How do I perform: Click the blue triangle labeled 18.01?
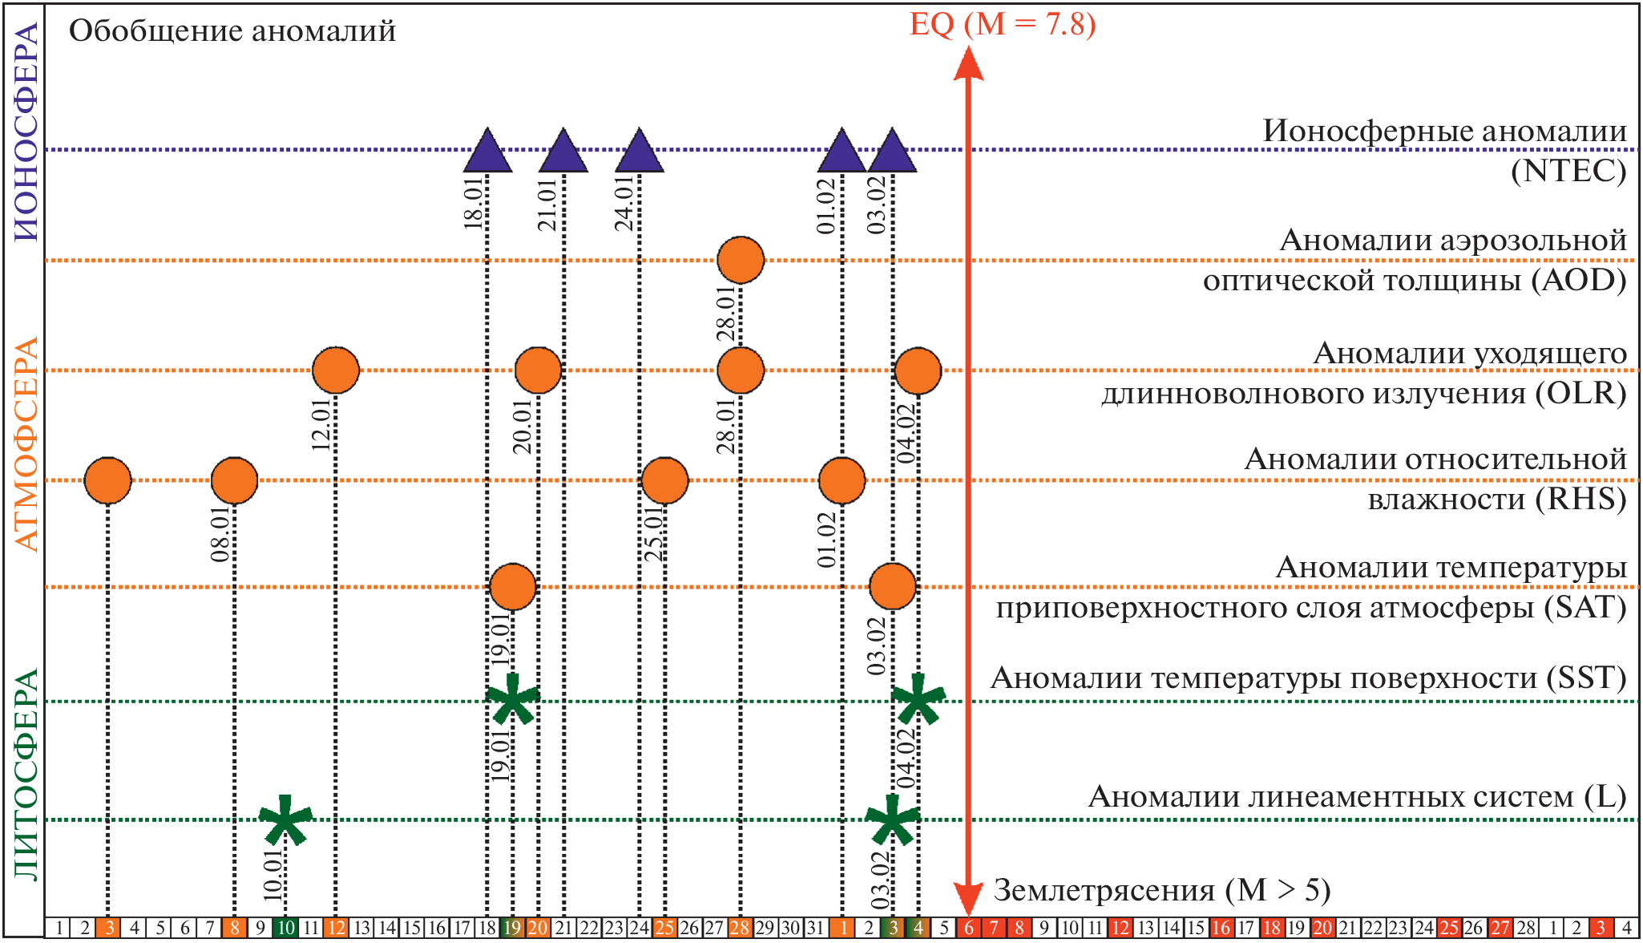(487, 152)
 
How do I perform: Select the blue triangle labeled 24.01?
(640, 152)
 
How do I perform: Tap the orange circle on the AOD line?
(741, 261)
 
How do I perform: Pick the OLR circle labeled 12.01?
(336, 370)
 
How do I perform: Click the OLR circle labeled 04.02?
(918, 370)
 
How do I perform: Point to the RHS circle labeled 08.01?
(234, 480)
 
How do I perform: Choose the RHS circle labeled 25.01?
(664, 480)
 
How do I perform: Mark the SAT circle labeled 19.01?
(512, 587)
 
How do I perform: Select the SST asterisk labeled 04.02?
(918, 699)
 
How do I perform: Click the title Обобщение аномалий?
(232, 31)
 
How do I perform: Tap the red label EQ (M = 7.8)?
(1003, 24)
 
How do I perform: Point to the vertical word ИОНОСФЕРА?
(26, 132)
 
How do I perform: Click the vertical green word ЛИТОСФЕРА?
(26, 774)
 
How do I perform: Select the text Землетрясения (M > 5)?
(1162, 890)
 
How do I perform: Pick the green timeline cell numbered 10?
(285, 928)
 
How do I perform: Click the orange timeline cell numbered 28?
(740, 928)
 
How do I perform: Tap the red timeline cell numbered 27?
(1500, 928)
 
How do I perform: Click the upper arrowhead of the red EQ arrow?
(968, 64)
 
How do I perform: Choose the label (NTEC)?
(1568, 171)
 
